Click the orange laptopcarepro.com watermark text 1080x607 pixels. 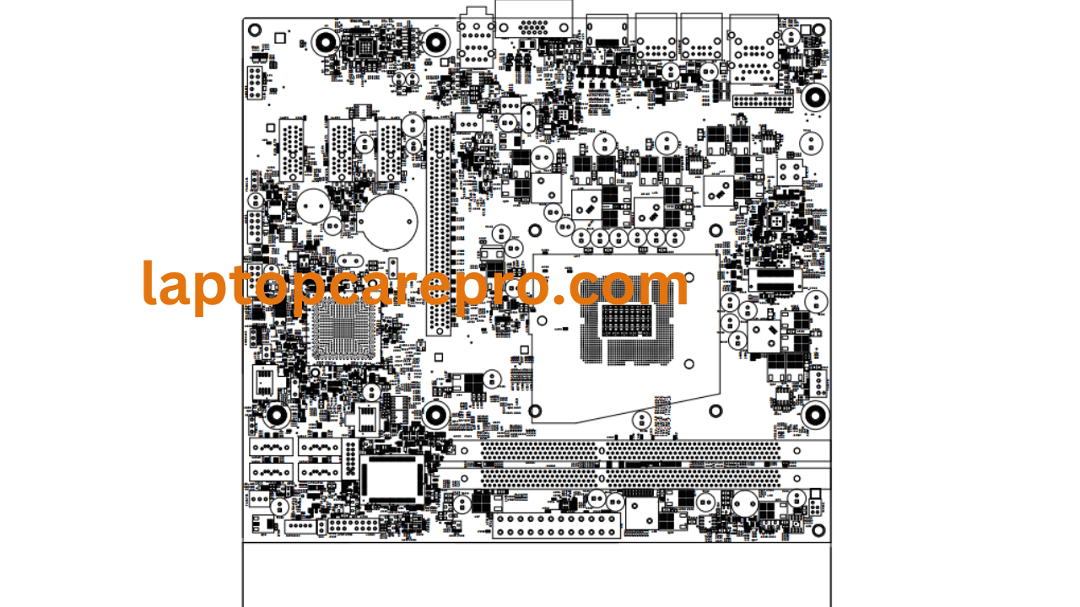click(x=415, y=285)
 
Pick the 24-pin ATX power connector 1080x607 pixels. click(x=557, y=525)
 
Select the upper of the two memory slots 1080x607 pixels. click(x=633, y=452)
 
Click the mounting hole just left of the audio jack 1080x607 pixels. click(x=436, y=40)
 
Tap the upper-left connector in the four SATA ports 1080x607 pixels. click(x=272, y=448)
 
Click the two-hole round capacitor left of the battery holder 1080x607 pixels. click(x=314, y=205)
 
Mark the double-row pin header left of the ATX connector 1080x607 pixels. click(x=353, y=526)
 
